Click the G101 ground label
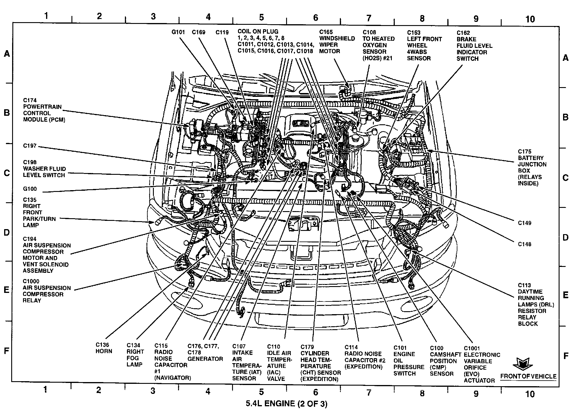point(178,32)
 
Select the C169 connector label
point(198,32)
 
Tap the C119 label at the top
point(222,32)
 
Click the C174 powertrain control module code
point(30,100)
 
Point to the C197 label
point(30,146)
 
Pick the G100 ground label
point(30,189)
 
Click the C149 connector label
point(525,223)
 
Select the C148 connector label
point(525,244)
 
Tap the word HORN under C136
point(104,351)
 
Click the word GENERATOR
point(205,359)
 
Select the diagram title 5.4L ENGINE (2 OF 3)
point(286,404)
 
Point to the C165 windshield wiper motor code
point(326,32)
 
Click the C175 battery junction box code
point(525,151)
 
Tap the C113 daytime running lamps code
point(524,285)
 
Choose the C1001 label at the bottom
point(472,348)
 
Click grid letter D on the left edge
point(6,232)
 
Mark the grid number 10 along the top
point(530,19)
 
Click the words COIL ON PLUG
point(258,31)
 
